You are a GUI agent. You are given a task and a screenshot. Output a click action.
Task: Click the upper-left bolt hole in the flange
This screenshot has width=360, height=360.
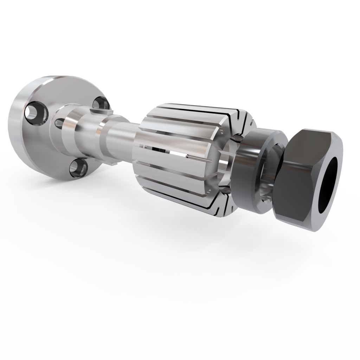[36, 114]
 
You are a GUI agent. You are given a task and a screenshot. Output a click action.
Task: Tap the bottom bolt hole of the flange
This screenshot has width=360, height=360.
[77, 168]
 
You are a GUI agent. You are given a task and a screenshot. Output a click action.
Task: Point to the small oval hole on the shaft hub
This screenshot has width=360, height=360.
[60, 123]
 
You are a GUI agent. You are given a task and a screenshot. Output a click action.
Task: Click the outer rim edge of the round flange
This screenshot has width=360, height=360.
[18, 134]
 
